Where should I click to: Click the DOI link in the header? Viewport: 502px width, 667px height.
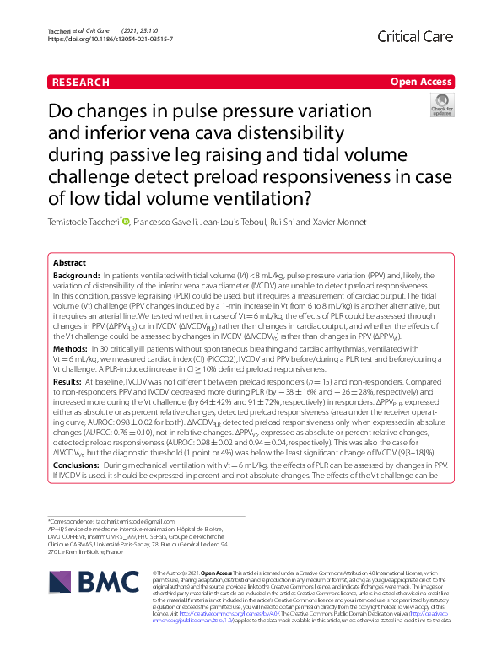111,39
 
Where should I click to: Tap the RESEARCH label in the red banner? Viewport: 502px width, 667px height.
80,82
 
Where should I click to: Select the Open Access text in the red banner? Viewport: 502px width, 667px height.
421,82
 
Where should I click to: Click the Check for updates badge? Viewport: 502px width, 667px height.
441,105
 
